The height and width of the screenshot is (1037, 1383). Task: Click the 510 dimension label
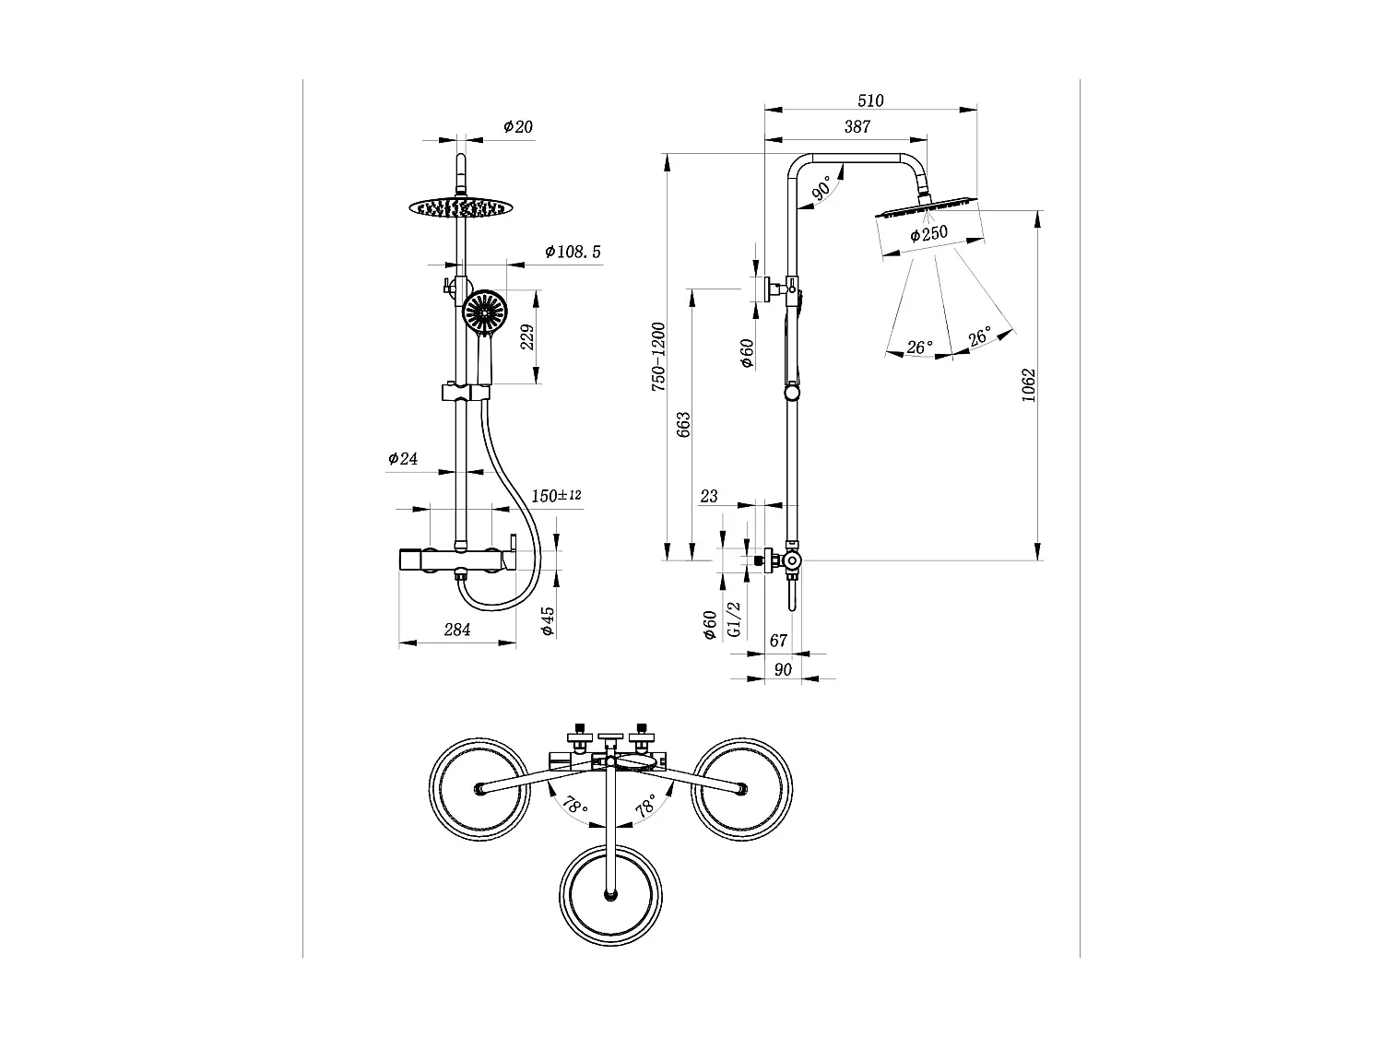tap(870, 100)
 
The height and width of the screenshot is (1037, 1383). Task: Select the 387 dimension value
tap(857, 127)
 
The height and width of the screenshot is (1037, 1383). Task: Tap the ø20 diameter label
tap(518, 127)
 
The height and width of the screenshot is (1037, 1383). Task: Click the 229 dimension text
tap(527, 336)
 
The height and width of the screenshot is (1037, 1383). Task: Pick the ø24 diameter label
tap(403, 458)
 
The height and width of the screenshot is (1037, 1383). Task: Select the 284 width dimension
tap(457, 630)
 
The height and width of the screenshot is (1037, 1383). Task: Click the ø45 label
tap(548, 620)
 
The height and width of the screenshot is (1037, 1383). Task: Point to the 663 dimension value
tap(683, 424)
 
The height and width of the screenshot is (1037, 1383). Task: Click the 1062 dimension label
tap(1030, 385)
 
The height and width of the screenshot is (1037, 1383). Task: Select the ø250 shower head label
tap(928, 234)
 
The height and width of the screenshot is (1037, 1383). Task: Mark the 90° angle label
tap(822, 189)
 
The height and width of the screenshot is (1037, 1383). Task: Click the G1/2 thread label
tap(734, 619)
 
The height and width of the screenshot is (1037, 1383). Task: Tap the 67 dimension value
tap(778, 641)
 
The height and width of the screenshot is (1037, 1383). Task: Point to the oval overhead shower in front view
tap(458, 207)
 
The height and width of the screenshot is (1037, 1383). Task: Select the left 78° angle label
tap(573, 807)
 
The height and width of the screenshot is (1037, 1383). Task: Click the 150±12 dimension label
tap(556, 496)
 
